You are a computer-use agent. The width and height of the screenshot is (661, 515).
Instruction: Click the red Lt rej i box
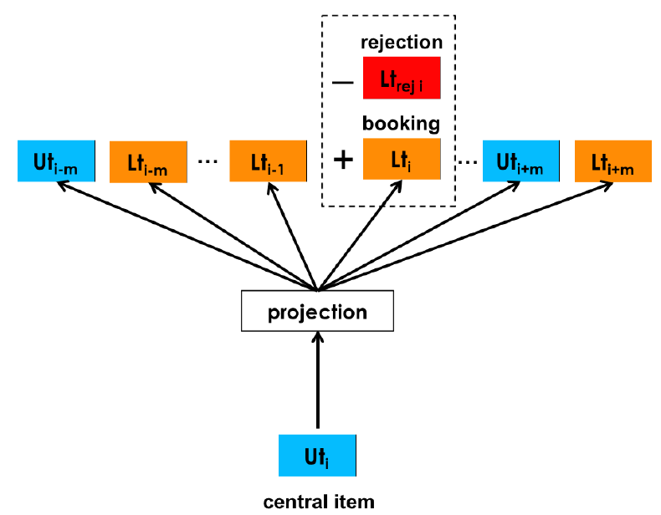402,78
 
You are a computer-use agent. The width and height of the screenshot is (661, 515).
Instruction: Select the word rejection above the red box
402,43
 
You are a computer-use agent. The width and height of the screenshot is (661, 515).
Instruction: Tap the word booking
402,124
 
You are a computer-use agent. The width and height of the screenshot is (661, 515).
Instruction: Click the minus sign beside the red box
343,82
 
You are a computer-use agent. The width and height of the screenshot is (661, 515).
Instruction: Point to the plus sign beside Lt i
343,160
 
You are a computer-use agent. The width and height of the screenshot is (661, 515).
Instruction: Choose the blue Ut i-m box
57,161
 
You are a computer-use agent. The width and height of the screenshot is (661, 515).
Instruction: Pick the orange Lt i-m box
148,162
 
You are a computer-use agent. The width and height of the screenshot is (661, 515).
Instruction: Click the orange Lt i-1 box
268,161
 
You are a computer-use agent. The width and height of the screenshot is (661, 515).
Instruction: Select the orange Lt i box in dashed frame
402,159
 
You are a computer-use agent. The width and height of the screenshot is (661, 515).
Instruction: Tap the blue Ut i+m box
521,161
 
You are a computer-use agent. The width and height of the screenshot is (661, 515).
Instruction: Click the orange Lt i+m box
613,161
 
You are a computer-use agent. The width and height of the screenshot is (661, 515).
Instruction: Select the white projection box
317,311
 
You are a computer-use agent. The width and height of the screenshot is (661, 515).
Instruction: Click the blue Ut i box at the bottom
317,456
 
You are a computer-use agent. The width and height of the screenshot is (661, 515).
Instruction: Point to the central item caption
319,502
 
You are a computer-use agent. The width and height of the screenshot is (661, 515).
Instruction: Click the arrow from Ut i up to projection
318,380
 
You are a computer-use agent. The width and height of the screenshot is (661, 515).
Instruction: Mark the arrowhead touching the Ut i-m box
63,185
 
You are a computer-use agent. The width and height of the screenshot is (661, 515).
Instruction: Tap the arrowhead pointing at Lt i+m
607,185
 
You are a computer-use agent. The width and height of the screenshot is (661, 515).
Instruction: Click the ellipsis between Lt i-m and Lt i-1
208,161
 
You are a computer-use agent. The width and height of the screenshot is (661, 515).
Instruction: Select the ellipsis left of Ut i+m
468,161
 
